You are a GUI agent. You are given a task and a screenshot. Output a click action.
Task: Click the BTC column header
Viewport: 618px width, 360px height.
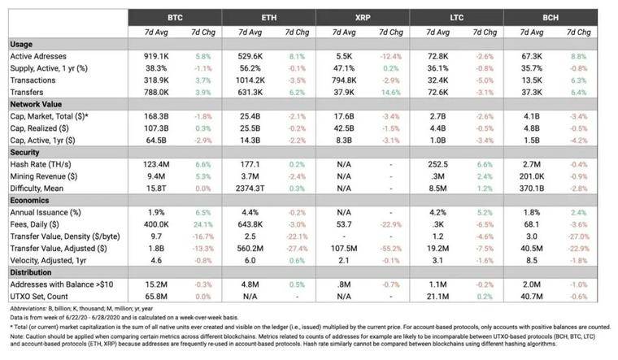pos(175,16)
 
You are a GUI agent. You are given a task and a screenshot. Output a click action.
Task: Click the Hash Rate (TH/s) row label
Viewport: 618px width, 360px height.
pos(42,163)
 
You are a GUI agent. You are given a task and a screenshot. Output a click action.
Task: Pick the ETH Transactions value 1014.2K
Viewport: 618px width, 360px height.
pos(247,80)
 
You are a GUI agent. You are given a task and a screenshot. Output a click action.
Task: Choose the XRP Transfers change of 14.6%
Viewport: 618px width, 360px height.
pos(393,92)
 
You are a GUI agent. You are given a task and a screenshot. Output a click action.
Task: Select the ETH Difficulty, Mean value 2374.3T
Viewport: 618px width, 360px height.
pos(247,188)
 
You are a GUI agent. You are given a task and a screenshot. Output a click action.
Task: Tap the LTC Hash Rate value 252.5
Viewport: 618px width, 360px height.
pos(438,163)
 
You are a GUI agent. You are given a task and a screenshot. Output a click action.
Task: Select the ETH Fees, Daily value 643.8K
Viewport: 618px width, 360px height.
pos(249,223)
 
